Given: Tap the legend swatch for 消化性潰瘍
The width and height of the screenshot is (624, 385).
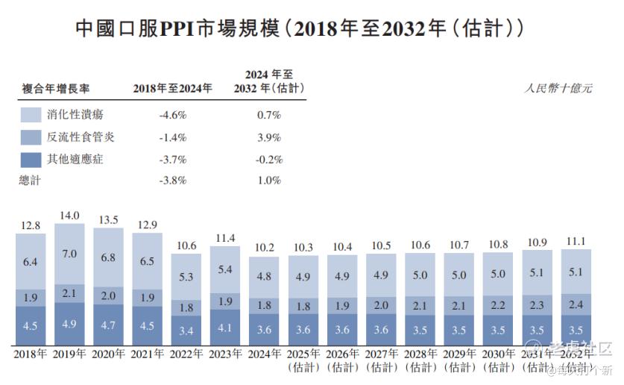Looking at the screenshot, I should tap(31, 115).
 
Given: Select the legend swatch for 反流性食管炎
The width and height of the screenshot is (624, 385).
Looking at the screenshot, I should tap(31, 137).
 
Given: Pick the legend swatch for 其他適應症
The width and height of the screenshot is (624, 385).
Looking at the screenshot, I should tap(31, 159).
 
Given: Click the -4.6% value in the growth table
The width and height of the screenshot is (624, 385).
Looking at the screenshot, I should tap(172, 116).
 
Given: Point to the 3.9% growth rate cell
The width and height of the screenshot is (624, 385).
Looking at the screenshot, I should tap(269, 137).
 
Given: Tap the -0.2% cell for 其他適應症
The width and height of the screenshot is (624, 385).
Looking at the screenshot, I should tap(269, 159).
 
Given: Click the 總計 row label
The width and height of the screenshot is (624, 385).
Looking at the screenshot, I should tap(30, 180).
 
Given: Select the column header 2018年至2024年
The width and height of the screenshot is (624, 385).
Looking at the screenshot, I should tap(172, 88).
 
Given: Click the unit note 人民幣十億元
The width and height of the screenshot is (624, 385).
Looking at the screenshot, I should tap(558, 88).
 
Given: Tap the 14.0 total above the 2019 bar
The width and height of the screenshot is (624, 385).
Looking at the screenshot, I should tap(69, 216).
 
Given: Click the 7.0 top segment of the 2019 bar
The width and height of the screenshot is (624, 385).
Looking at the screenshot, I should tap(69, 254).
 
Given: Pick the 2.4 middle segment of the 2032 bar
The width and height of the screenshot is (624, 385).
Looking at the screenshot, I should tap(576, 304).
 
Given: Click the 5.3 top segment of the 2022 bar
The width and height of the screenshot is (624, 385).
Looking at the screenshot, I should tap(186, 276).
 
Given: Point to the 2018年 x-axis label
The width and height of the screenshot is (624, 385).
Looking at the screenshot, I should tap(31, 354).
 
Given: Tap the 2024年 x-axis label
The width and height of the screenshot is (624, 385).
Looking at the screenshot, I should tap(264, 354).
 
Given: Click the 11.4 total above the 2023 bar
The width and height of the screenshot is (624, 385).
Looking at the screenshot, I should tap(225, 239).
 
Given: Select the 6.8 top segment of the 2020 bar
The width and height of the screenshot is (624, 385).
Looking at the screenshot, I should tap(108, 257).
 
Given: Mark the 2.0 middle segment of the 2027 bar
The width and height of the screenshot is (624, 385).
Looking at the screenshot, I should tap(381, 304).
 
